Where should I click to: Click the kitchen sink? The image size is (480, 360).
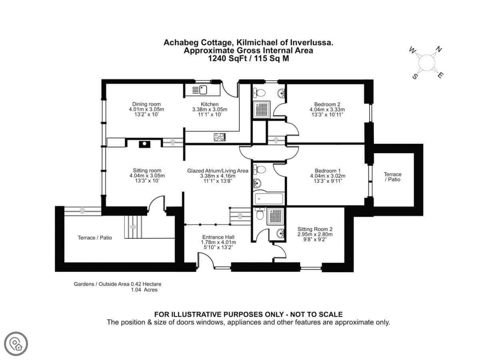(x=200, y=90)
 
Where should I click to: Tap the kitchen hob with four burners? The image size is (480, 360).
(x=220, y=137)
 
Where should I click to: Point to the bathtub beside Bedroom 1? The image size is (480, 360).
(x=269, y=199)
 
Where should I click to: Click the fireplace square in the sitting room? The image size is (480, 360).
(x=144, y=144)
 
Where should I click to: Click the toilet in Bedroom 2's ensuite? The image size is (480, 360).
(x=259, y=93)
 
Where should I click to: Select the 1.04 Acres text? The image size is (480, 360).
(x=144, y=290)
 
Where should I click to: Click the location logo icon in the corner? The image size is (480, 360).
(x=16, y=344)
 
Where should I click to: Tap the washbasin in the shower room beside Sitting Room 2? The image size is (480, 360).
(x=280, y=234)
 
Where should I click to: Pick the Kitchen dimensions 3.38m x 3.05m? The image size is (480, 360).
(x=210, y=109)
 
